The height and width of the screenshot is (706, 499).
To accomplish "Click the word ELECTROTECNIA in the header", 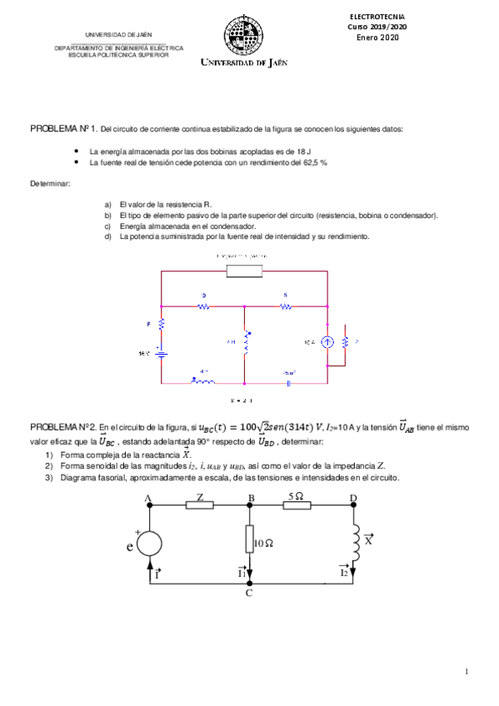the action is click(378, 16).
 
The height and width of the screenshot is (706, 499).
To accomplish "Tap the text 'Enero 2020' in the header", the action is click(378, 37).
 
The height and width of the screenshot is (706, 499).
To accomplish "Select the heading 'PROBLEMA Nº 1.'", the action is click(63, 130).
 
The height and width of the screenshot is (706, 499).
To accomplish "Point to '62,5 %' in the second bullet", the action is click(312, 163).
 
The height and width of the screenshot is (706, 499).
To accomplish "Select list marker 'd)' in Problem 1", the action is click(107, 236).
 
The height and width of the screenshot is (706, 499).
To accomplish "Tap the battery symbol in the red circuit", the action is click(161, 354).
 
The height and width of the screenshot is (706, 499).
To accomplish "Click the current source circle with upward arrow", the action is click(327, 341).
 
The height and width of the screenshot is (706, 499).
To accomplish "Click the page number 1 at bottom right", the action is click(467, 671).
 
